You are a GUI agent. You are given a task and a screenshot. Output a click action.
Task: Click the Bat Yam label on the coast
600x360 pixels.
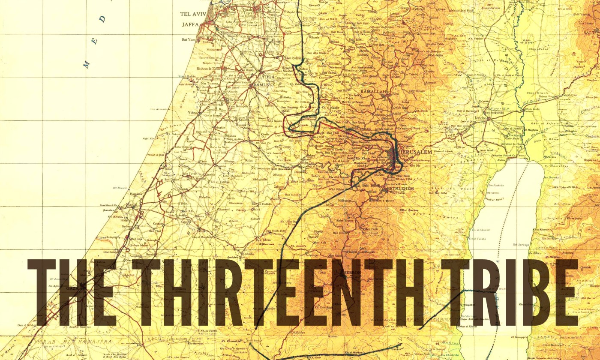[x=189, y=39]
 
